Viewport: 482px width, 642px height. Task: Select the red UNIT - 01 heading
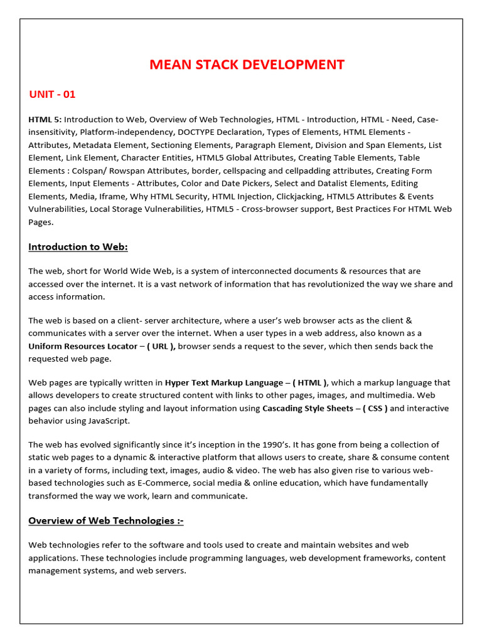coord(52,95)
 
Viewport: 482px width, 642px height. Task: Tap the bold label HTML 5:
coord(45,119)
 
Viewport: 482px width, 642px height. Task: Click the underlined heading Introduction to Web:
coord(78,246)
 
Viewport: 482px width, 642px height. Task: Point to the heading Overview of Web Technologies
coord(105,520)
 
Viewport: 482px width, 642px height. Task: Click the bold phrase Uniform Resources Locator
coord(83,346)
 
